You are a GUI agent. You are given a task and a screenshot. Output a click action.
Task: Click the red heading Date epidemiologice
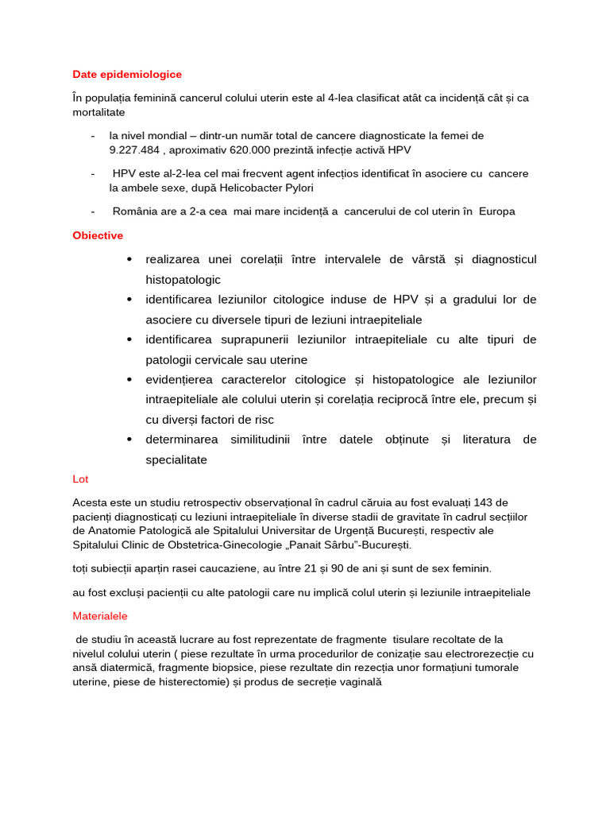(x=127, y=75)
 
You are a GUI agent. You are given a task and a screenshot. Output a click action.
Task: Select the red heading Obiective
(x=98, y=236)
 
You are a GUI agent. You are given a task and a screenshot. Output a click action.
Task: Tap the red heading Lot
(x=80, y=479)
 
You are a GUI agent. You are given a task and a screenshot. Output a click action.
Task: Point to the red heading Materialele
(x=99, y=616)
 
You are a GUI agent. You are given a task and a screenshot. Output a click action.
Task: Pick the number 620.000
(x=256, y=150)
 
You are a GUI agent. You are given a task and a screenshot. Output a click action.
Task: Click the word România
(x=135, y=211)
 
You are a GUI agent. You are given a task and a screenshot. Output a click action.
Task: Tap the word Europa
(x=496, y=211)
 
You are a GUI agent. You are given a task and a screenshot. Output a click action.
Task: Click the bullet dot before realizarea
(x=129, y=260)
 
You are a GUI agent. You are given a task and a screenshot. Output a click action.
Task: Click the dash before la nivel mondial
(x=94, y=136)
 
